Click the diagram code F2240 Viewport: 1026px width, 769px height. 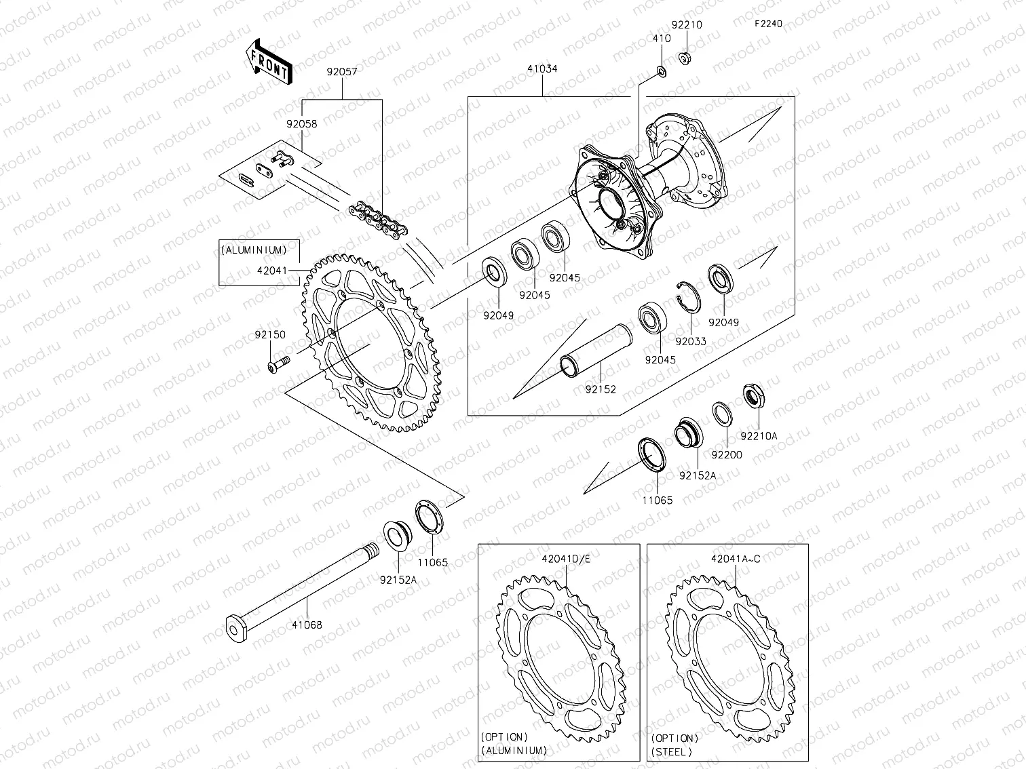(x=768, y=24)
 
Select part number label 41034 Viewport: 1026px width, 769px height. (x=542, y=69)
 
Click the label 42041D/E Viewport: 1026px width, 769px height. (x=566, y=559)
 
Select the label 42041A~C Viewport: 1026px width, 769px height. (x=736, y=559)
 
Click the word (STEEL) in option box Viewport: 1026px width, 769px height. (x=672, y=751)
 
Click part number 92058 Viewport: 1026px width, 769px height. (x=301, y=124)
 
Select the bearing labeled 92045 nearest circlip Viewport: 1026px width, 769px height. (x=654, y=319)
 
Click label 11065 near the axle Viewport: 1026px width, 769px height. (x=432, y=562)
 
